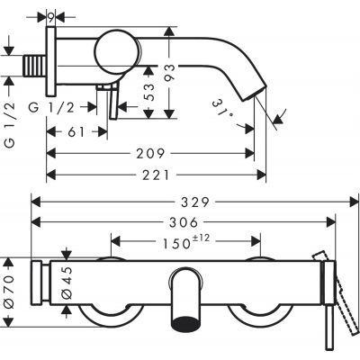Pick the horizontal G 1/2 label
[x=67, y=108]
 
